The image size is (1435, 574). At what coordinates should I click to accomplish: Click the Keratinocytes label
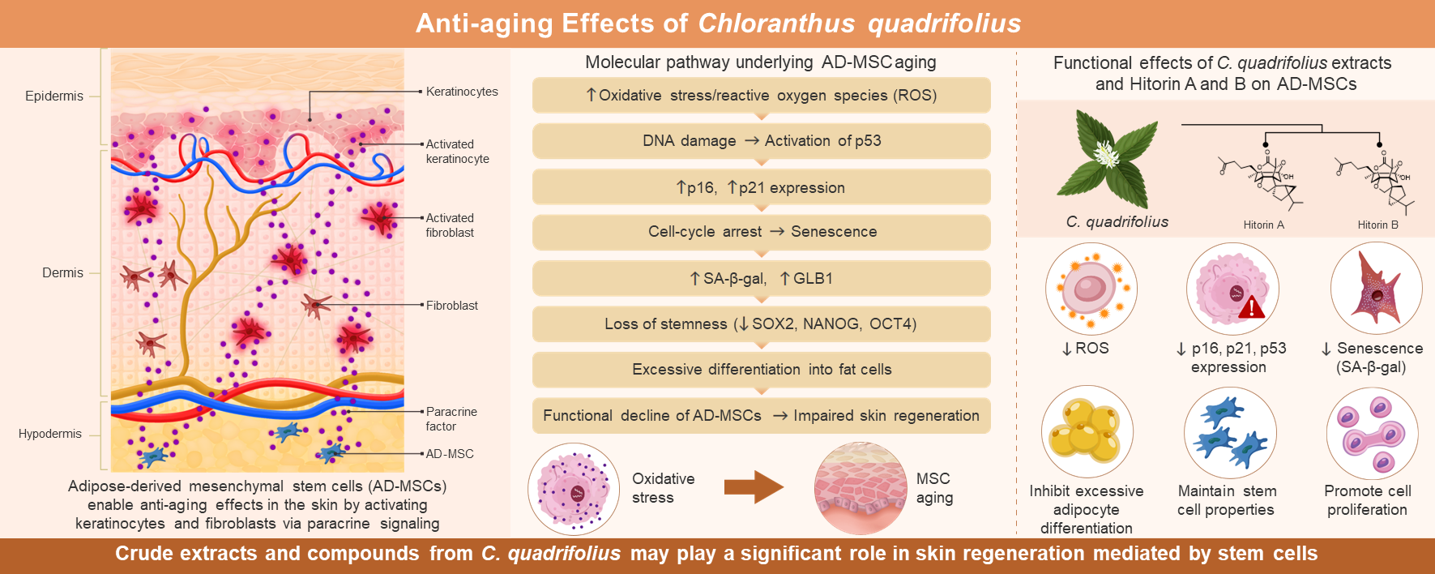pos(462,92)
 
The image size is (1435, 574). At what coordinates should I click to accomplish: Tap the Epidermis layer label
pos(54,96)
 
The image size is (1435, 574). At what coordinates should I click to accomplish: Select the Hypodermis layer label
pos(50,434)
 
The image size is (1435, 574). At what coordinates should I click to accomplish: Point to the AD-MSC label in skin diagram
pos(450,454)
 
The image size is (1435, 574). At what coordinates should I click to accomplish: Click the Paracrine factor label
pos(451,419)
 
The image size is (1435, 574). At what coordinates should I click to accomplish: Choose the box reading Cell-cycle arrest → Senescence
pos(762,232)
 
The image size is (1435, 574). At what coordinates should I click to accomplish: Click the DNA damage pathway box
pos(762,141)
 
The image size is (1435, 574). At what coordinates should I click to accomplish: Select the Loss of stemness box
pos(762,324)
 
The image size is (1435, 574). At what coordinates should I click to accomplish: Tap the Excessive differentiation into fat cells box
pos(762,370)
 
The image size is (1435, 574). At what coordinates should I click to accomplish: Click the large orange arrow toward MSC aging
pos(754,487)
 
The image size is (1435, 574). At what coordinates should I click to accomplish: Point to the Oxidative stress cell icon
pos(574,489)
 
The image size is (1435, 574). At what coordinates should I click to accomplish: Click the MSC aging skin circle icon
pos(861,488)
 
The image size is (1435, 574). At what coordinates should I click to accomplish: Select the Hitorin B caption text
pos(1377,225)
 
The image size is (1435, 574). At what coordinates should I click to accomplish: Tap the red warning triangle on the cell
pos(1251,306)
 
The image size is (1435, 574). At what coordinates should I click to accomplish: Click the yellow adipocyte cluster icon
pos(1086,431)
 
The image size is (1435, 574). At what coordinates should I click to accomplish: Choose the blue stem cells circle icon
pos(1230,432)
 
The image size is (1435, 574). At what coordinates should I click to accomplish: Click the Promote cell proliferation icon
pos(1372,433)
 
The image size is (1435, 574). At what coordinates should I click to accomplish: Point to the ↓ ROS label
pos(1085,349)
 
